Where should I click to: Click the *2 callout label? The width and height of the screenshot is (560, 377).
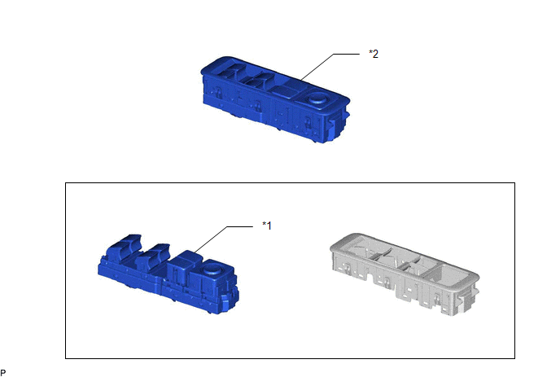(374, 54)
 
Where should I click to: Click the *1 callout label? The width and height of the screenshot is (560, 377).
(267, 226)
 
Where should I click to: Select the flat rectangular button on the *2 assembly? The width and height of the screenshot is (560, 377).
(285, 90)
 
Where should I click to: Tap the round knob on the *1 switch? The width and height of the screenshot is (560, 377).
(212, 269)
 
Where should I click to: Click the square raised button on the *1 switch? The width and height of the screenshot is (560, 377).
(181, 263)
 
